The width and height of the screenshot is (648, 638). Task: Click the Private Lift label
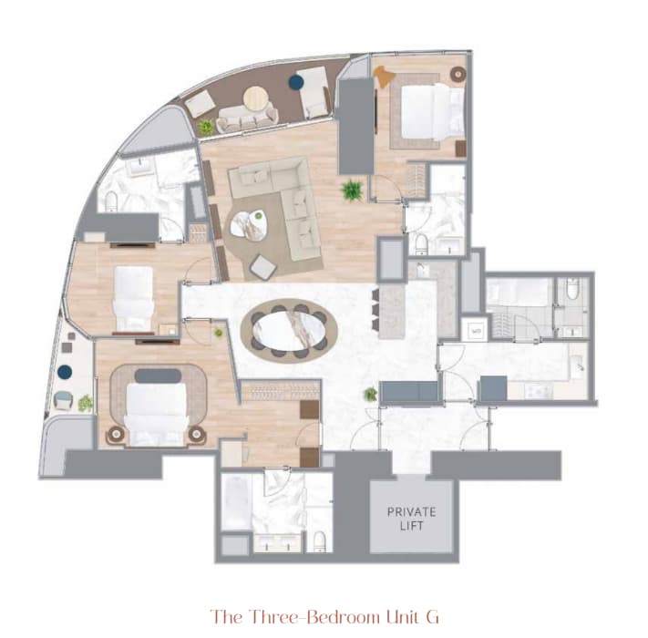tap(411, 519)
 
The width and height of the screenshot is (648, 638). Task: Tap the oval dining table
tap(289, 330)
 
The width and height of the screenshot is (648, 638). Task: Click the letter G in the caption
tap(432, 617)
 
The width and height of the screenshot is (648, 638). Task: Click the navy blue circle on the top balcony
tap(296, 82)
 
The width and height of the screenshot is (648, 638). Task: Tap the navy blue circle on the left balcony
tap(65, 372)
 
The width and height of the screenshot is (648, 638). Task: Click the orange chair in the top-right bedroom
tap(384, 77)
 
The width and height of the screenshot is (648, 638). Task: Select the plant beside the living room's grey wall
tap(352, 190)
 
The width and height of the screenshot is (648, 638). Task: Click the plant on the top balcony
tap(205, 127)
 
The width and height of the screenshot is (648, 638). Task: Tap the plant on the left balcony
tap(85, 403)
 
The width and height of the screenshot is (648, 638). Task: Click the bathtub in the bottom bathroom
tap(237, 502)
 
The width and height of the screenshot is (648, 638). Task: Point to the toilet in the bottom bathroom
tap(320, 541)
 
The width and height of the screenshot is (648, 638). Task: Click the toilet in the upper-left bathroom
tap(111, 201)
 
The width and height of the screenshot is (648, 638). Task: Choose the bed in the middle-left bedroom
tap(133, 298)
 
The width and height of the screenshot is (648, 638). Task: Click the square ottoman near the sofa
tap(263, 266)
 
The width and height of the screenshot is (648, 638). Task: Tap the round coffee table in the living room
tap(249, 225)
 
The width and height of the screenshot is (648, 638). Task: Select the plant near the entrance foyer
tap(370, 395)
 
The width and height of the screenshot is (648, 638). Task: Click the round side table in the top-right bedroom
tap(458, 74)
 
